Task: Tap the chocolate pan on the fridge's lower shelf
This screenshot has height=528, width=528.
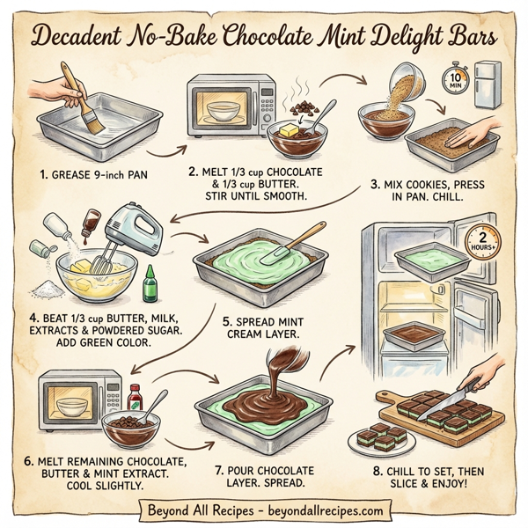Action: point(414,334)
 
